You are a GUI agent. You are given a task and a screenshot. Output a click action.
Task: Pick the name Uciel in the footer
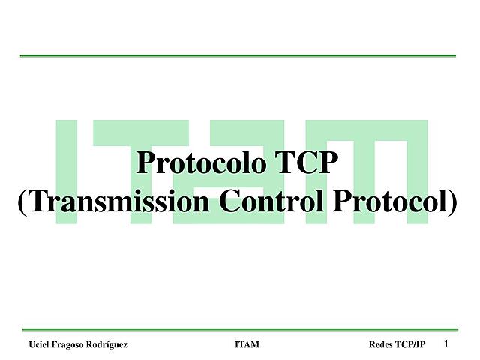click(x=39, y=344)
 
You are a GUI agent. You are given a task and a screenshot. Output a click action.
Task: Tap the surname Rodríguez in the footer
click(x=107, y=344)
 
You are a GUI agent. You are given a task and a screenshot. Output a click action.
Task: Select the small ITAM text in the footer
click(x=247, y=344)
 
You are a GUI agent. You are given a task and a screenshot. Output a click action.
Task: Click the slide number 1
click(x=446, y=343)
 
